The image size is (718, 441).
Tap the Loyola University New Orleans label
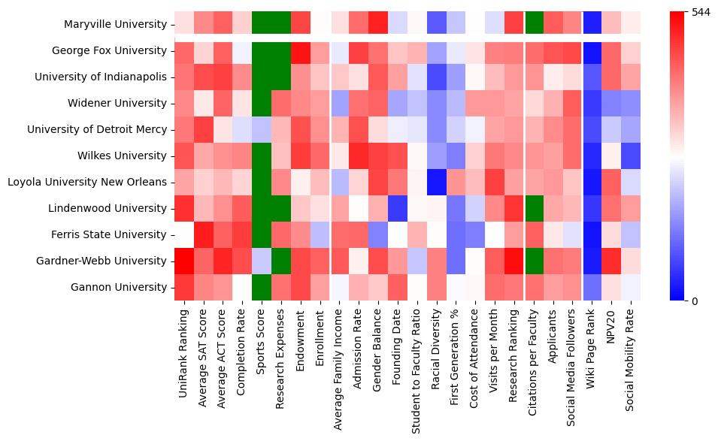coord(86,182)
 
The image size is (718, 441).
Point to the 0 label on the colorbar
coord(694,301)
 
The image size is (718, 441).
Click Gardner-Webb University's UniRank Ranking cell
coord(183,261)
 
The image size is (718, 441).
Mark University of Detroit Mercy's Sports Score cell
coord(260,129)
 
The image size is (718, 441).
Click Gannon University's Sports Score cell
coord(260,287)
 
